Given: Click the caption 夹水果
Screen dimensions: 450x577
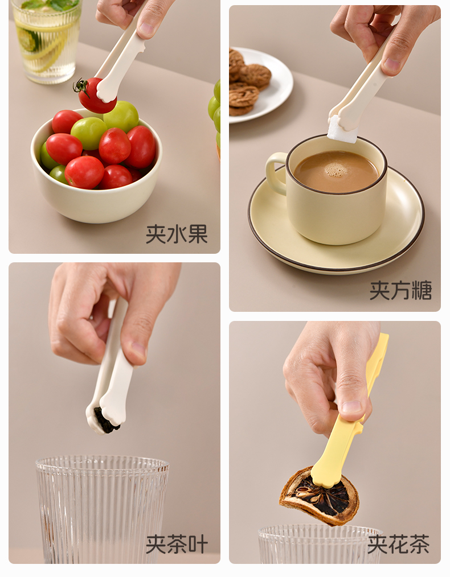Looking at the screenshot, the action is pyautogui.click(x=177, y=234).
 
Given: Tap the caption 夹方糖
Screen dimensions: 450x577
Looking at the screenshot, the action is pyautogui.click(x=400, y=290).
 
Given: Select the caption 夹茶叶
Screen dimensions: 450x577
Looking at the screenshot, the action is pyautogui.click(x=177, y=544).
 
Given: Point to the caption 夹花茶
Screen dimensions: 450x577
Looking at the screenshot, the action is pyautogui.click(x=398, y=544).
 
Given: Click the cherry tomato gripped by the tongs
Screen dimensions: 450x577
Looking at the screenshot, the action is pyautogui.click(x=96, y=96).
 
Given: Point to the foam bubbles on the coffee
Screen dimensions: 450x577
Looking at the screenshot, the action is pyautogui.click(x=336, y=169).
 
